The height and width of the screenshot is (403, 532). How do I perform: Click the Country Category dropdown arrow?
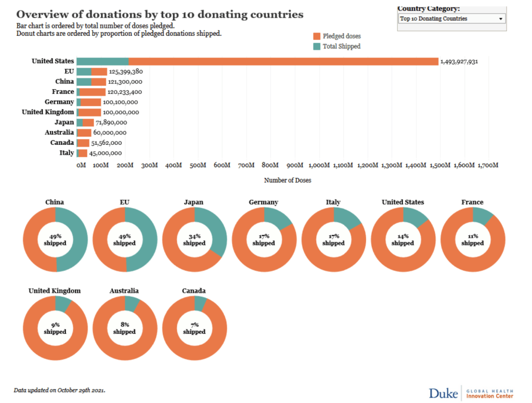pos(500,19)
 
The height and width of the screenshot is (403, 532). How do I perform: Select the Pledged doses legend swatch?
pos(316,36)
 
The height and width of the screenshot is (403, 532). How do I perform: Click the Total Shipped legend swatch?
pos(316,46)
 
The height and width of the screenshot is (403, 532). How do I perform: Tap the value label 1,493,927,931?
pos(459,61)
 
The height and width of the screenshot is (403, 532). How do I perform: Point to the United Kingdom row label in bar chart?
pos(48,112)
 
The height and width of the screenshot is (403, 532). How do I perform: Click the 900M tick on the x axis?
pos(294,165)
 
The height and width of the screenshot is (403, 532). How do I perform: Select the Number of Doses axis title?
pos(288,180)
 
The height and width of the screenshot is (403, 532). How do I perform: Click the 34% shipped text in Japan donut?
pos(194,239)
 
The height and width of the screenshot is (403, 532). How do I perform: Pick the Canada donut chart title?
pos(194,291)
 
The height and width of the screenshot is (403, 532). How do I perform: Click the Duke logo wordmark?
pos(443,393)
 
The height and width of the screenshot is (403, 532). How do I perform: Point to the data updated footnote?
pos(59,389)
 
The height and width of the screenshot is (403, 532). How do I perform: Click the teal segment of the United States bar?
pos(102,61)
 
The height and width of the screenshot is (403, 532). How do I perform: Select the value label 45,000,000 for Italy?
pos(106,153)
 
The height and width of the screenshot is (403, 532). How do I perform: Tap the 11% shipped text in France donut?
pos(472,239)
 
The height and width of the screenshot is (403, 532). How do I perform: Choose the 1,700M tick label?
pos(487,165)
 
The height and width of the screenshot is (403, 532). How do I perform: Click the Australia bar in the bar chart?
pos(84,133)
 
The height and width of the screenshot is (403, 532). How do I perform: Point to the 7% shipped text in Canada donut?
pos(194,328)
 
